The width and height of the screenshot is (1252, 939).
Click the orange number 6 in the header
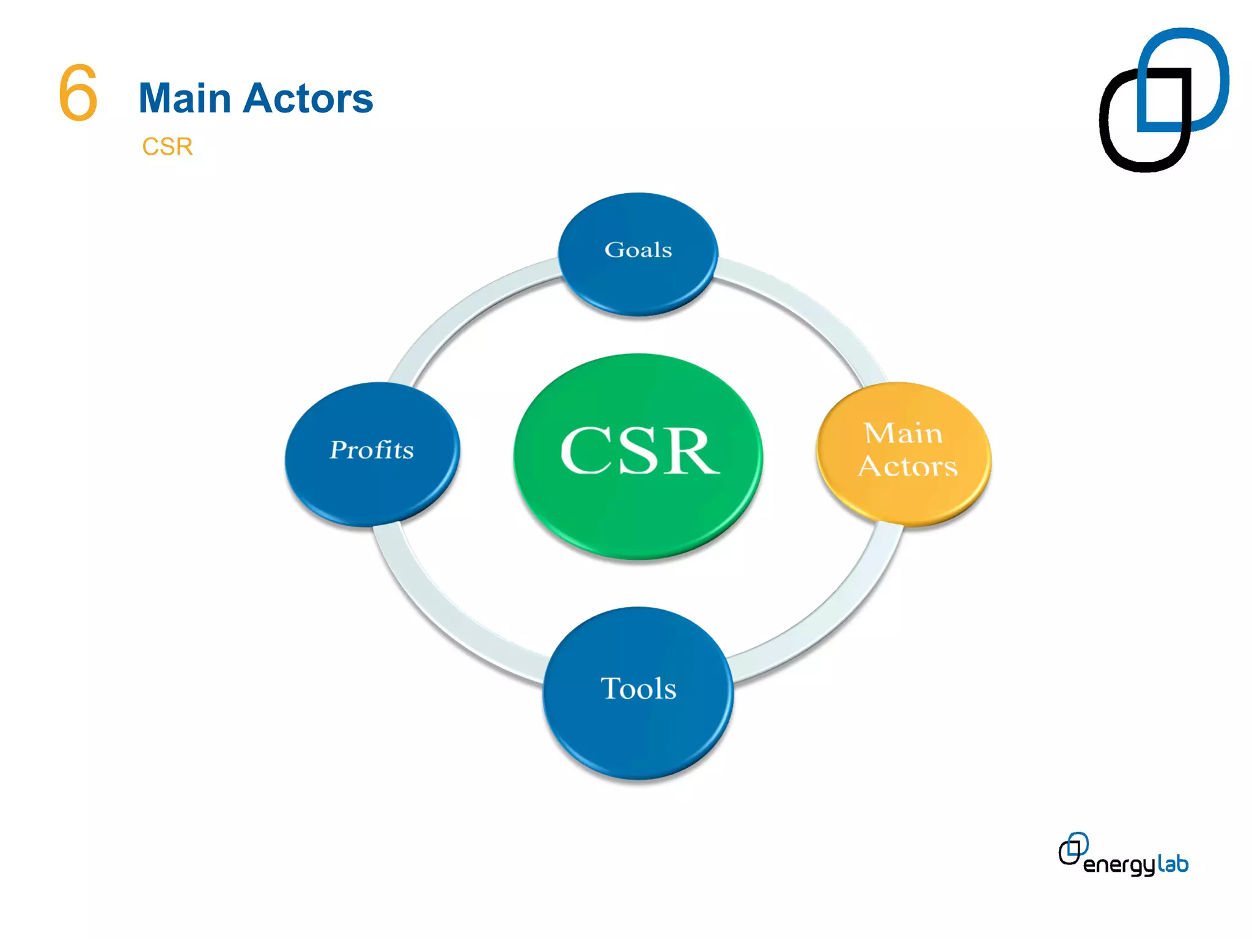click(78, 93)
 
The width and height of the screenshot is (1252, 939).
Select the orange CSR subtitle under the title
click(167, 147)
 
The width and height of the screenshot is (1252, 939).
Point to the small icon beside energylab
click(1073, 849)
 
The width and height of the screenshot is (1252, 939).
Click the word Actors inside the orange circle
click(907, 466)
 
